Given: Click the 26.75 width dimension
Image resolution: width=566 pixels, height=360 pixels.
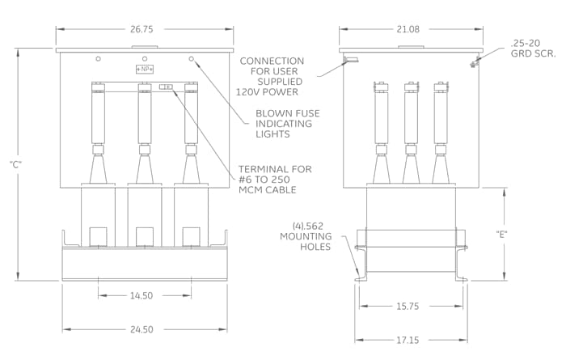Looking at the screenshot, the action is [x=141, y=29].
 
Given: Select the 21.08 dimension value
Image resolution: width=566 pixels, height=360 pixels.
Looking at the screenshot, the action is [x=408, y=29].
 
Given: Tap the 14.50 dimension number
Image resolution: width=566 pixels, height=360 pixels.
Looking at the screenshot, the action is [x=141, y=296].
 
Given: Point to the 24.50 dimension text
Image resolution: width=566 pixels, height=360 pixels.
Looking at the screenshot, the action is [x=141, y=330].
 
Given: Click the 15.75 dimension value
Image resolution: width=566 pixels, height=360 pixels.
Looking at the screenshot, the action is [x=408, y=307].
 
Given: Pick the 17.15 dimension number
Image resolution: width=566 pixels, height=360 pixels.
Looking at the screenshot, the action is [x=408, y=340].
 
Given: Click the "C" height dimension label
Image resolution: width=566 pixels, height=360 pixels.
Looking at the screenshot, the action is [x=16, y=165].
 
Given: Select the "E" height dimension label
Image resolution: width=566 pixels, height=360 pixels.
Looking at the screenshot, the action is [x=501, y=235].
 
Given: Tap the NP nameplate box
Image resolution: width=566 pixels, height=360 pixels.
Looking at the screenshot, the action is [x=145, y=69].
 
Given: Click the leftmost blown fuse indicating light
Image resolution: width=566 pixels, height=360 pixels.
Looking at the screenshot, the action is [x=98, y=58].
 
